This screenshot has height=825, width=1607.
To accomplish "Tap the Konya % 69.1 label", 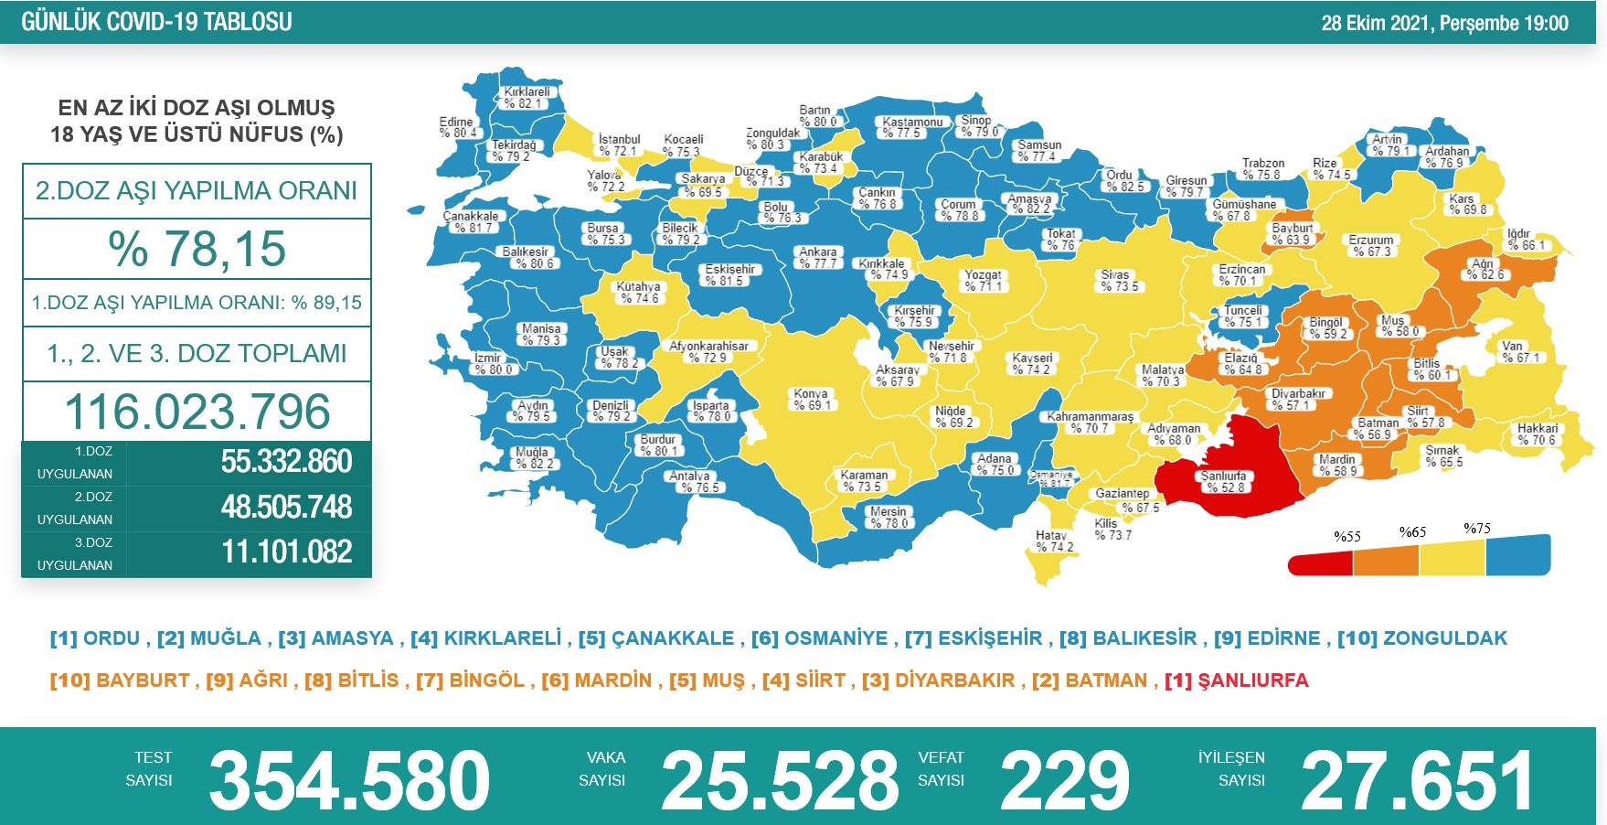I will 811,400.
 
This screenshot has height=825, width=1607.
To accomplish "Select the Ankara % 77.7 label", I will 818,258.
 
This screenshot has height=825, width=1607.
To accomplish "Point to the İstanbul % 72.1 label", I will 619,145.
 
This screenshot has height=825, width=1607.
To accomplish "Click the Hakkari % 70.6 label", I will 1537,434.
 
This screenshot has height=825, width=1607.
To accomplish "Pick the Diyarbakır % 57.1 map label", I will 1298,400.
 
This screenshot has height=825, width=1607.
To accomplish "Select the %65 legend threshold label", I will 1412,532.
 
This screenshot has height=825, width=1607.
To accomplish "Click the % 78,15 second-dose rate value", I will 197,249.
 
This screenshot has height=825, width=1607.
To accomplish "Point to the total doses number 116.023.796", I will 197,412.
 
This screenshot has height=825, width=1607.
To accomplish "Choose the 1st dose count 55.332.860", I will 286,462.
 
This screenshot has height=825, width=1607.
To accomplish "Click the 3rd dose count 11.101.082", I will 286,552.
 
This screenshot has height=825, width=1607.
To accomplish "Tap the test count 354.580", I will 349,780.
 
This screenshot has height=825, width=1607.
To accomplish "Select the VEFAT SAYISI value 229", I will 1065,780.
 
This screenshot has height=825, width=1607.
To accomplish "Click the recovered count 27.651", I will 1417,780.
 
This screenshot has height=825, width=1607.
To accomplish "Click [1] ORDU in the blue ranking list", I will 95,638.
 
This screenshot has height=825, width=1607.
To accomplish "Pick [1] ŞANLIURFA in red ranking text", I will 1236,680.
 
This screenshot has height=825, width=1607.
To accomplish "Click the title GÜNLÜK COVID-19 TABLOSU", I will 156,22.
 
